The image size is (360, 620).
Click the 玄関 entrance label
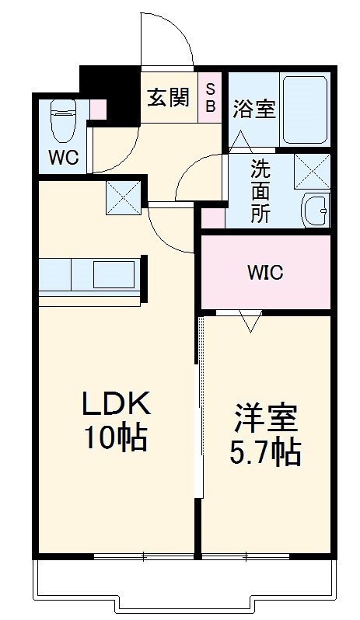tap(168, 99)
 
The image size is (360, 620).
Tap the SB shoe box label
tap(211, 97)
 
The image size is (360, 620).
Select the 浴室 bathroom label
tap(253, 110)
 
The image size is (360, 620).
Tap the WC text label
tap(64, 157)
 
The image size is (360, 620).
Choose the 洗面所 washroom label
tap(260, 190)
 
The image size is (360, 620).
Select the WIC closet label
tap(265, 273)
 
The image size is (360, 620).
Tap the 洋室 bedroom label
tap(267, 420)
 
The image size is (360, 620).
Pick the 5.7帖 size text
tap(267, 453)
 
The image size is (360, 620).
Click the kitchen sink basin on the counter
tap(114, 275)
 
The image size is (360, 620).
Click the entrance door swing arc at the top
tap(166, 39)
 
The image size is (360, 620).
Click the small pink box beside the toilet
tap(98, 110)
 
